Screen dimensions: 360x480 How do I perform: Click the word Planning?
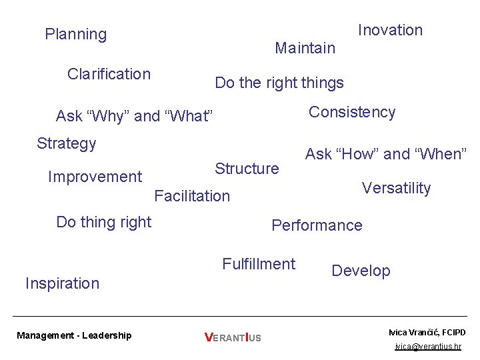pyautogui.click(x=75, y=34)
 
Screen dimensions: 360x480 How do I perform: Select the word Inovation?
pyautogui.click(x=390, y=30)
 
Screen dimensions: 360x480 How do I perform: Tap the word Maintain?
pyautogui.click(x=305, y=48)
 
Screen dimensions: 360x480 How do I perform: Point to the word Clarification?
pyautogui.click(x=109, y=74)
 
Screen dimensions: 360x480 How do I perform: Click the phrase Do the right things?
pyautogui.click(x=279, y=83)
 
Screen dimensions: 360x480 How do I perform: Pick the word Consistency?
pyautogui.click(x=352, y=112)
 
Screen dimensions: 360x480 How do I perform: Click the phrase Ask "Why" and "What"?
pyautogui.click(x=135, y=117)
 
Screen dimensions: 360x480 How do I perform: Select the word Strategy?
pyautogui.click(x=67, y=143)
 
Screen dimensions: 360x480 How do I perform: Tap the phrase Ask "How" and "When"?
pyautogui.click(x=386, y=154)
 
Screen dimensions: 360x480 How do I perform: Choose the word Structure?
pyautogui.click(x=247, y=169)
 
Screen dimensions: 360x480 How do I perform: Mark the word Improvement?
pyautogui.click(x=95, y=177)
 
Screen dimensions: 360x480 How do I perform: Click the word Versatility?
pyautogui.click(x=396, y=188)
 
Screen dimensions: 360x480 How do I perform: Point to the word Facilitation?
pyautogui.click(x=192, y=196)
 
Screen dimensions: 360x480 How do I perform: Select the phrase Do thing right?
pyautogui.click(x=104, y=222)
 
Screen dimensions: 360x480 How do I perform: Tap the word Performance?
pyautogui.click(x=317, y=225)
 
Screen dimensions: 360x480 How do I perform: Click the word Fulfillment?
pyautogui.click(x=259, y=264)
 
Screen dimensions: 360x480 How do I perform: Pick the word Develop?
pyautogui.click(x=361, y=271)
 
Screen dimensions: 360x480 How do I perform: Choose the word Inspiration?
pyautogui.click(x=62, y=283)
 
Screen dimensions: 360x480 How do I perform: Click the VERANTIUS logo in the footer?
pyautogui.click(x=233, y=338)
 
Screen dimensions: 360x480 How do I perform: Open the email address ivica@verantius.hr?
pyautogui.click(x=427, y=347)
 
